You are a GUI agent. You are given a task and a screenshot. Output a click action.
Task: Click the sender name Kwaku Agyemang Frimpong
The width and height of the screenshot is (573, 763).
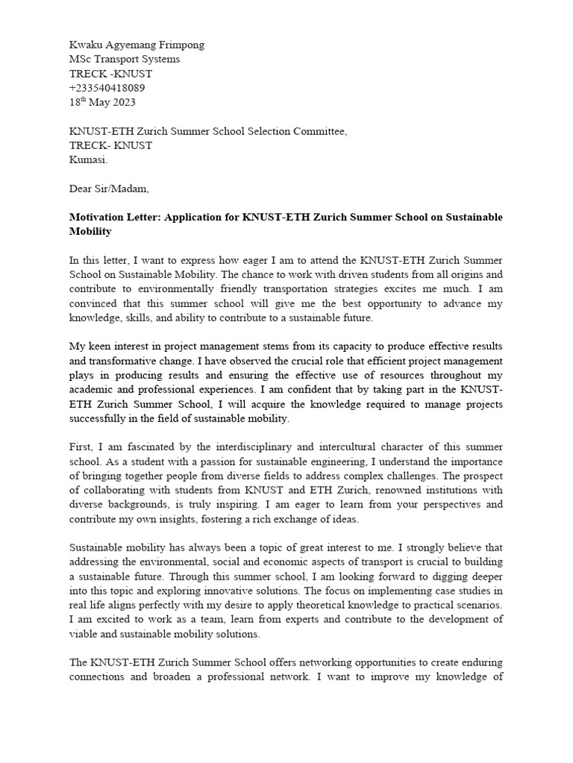point(137,45)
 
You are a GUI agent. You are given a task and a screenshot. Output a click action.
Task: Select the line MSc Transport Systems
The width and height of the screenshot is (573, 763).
point(125,59)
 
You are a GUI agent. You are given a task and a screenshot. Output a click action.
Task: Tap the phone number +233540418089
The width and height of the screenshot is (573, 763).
point(107,88)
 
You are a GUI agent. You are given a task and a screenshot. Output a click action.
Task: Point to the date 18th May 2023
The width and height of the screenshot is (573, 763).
point(102,102)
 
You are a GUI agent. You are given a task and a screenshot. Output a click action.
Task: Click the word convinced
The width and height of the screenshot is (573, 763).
point(94,303)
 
